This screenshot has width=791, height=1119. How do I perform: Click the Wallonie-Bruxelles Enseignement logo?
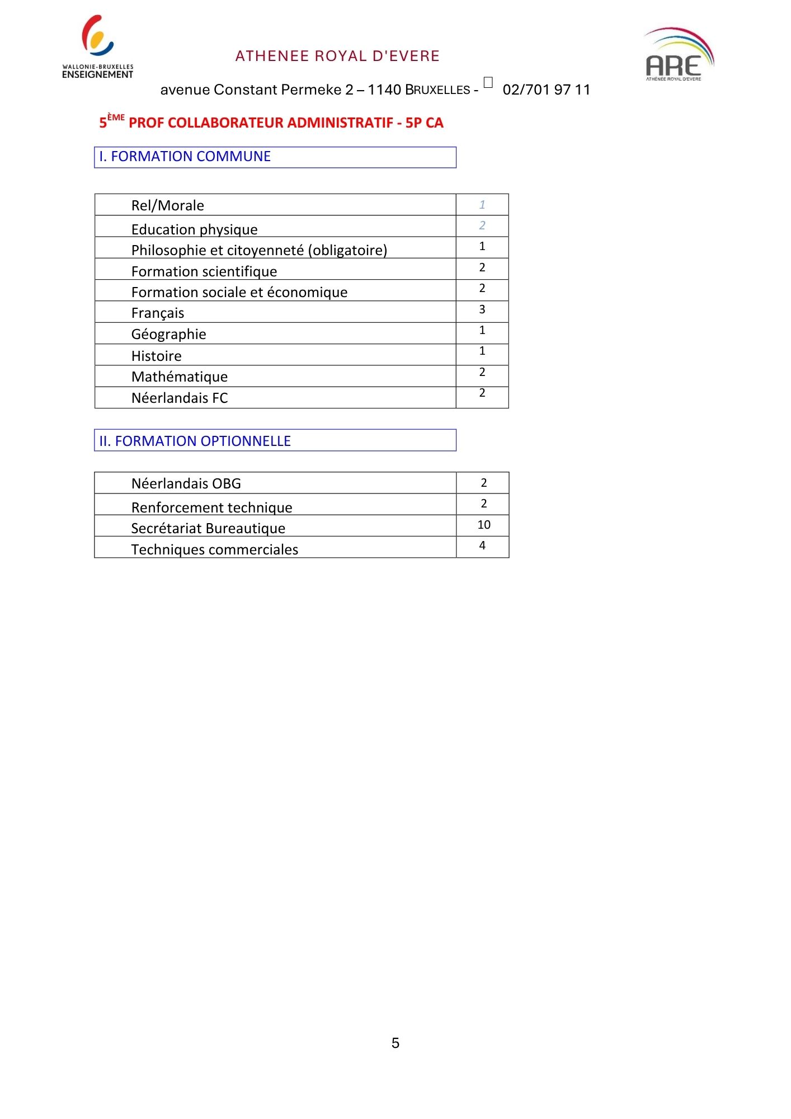(x=97, y=47)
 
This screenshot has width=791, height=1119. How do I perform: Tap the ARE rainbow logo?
(x=679, y=55)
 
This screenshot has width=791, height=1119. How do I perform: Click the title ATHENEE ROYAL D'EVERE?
(x=337, y=56)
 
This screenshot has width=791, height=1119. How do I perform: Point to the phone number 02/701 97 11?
(x=546, y=90)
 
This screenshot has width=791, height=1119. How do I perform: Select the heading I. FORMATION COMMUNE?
(x=185, y=157)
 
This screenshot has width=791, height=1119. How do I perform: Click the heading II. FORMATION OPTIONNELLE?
(x=195, y=441)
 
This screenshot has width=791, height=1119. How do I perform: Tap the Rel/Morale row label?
(x=167, y=205)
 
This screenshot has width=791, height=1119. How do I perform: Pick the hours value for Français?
(x=482, y=309)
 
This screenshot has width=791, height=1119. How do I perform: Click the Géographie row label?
(x=168, y=334)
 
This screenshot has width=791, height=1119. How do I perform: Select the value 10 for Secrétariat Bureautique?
(x=484, y=525)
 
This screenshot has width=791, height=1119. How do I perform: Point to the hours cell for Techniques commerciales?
(x=482, y=546)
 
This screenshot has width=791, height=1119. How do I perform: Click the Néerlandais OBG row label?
(x=186, y=483)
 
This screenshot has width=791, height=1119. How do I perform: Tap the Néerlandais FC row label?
(x=180, y=398)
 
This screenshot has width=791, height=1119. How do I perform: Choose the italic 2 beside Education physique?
(x=482, y=225)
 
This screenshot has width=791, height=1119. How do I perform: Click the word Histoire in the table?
(x=156, y=356)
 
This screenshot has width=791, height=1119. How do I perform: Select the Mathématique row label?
(x=180, y=377)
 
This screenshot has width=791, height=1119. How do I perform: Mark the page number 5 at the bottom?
(x=396, y=1043)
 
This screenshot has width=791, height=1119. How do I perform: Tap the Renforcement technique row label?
(x=211, y=507)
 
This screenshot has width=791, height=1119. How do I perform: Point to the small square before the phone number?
(x=488, y=83)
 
